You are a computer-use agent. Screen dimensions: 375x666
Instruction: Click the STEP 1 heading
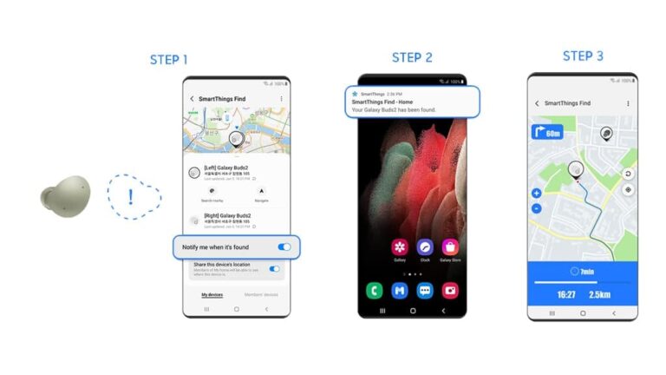[x=168, y=60]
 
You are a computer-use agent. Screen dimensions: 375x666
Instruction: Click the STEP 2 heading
[x=412, y=57]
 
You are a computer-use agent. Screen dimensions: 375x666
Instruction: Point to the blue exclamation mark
[x=131, y=195]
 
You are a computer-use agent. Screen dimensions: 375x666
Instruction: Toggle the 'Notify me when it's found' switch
[x=284, y=247]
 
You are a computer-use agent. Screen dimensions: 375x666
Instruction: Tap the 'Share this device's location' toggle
[x=275, y=269]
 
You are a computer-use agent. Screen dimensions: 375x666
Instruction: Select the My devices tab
[x=212, y=294]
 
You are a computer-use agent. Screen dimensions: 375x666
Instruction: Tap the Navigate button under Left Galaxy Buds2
[x=261, y=192]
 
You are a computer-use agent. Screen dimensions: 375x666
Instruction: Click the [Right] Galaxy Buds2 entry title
[x=227, y=215]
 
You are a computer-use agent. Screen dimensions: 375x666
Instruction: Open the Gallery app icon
[x=399, y=248]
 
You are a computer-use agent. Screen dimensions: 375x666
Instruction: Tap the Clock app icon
[x=425, y=248]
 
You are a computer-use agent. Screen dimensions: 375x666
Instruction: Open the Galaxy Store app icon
[x=450, y=248]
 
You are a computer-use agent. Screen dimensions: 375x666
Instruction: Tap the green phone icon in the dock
[x=375, y=290]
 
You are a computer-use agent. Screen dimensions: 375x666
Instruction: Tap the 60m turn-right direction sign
[x=545, y=133]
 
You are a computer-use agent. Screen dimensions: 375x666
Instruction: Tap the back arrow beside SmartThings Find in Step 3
[x=537, y=103]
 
